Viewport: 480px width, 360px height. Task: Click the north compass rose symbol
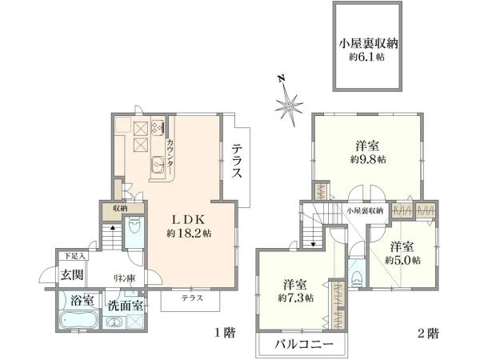click(x=289, y=102)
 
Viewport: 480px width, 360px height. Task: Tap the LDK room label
click(x=189, y=219)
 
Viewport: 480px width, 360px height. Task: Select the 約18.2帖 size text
click(x=189, y=234)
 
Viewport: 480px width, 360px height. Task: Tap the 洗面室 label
click(x=126, y=305)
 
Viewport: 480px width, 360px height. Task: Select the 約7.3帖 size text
click(x=298, y=298)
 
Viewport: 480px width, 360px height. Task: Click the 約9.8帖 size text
click(x=368, y=159)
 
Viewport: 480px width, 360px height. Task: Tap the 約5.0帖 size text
click(x=401, y=260)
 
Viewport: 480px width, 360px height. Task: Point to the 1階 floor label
click(x=223, y=332)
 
